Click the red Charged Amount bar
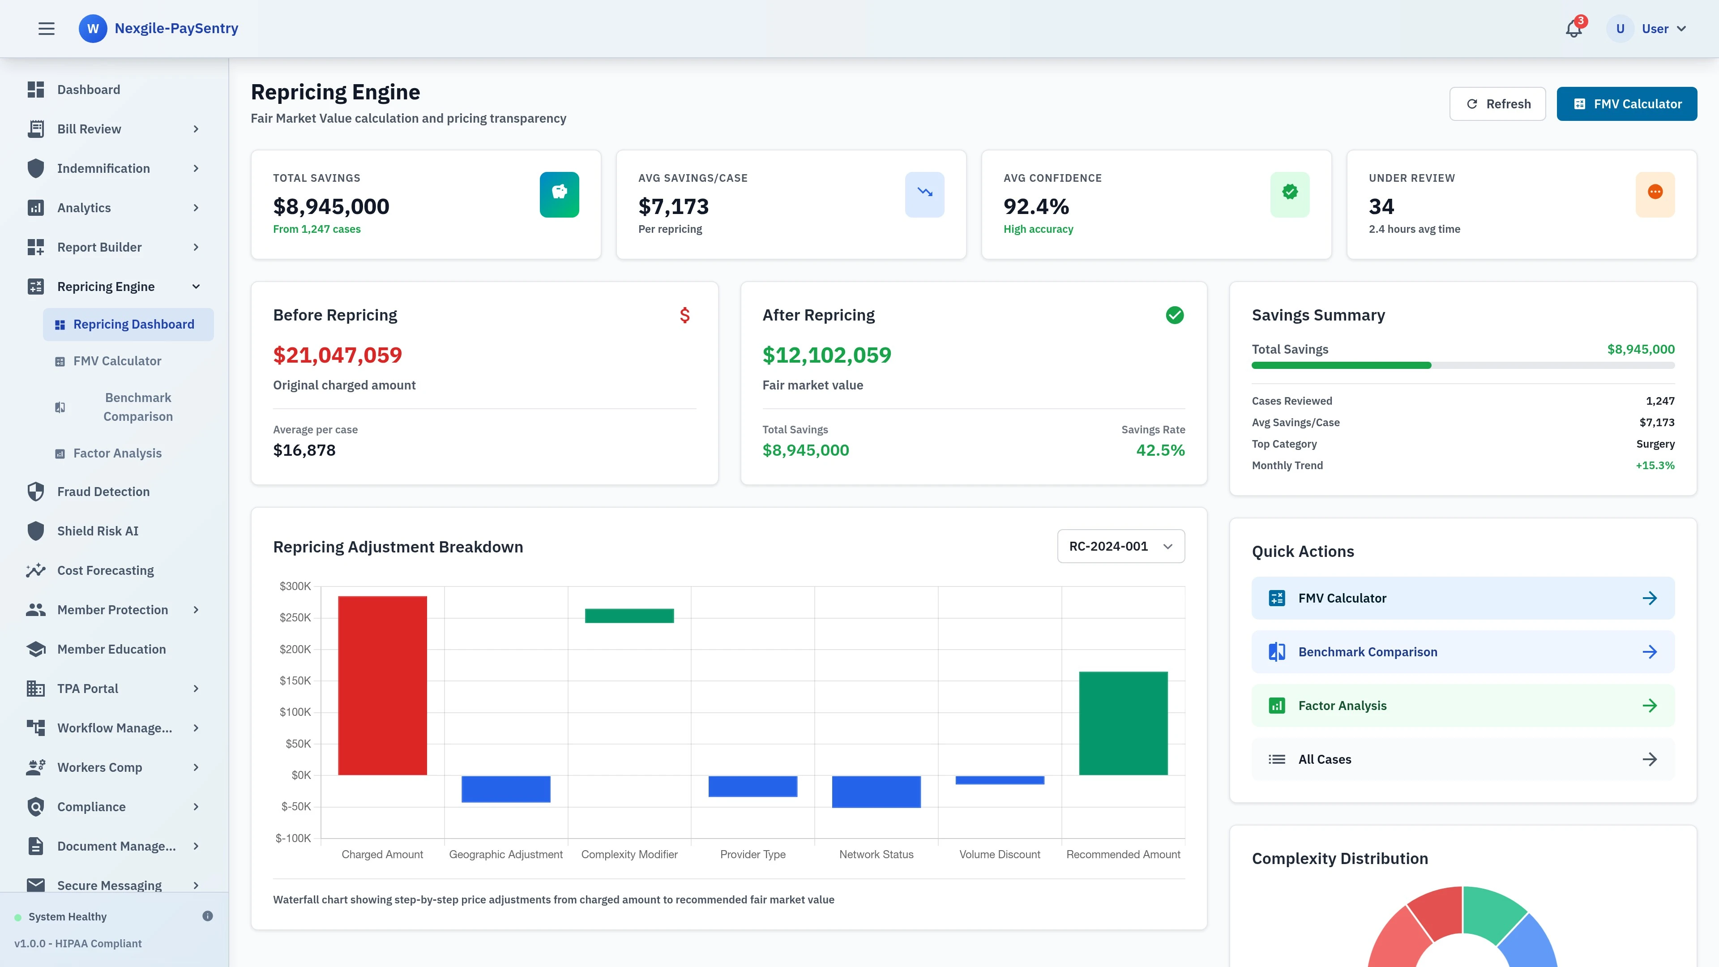coord(382,685)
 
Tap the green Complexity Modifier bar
coord(629,615)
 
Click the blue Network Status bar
coord(876,792)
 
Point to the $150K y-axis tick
coord(295,680)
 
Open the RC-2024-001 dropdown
coord(1120,546)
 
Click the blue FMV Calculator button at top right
coord(1626,104)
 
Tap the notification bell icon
coord(1574,29)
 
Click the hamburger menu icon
coord(46,29)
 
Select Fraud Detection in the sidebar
coord(103,492)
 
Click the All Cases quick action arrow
coord(1649,759)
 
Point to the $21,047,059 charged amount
coord(338,355)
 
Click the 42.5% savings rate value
coord(1160,450)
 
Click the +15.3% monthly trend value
coord(1654,466)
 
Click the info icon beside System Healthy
coord(208,916)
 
